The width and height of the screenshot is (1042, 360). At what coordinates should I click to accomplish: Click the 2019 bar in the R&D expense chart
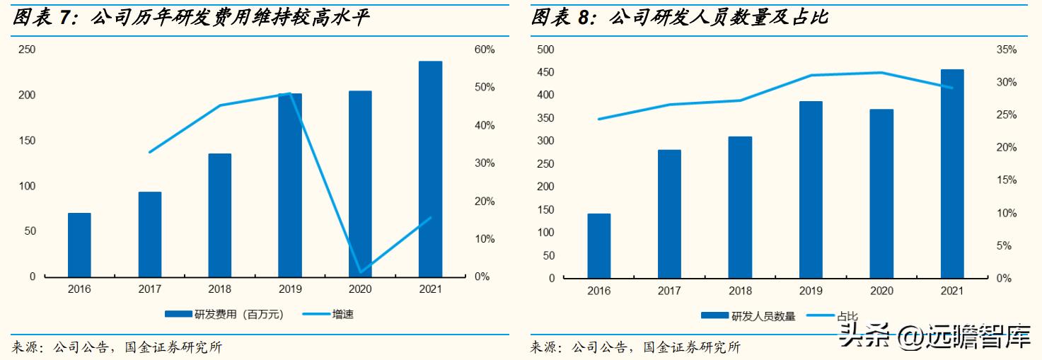[290, 185]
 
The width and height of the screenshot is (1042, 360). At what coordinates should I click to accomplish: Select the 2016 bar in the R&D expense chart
[79, 245]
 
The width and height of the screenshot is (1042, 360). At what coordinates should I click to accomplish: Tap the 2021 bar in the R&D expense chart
[430, 169]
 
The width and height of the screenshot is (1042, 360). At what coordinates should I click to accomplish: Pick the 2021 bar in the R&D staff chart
[952, 173]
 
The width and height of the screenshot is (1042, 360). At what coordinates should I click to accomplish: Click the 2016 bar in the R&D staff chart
[598, 245]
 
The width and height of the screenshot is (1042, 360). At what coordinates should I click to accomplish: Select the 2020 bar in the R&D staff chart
[881, 193]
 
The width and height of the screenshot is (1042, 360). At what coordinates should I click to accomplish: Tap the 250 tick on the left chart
[27, 50]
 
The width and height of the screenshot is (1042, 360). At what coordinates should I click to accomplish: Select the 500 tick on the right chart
[546, 50]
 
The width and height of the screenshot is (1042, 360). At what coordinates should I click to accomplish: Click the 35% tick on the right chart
[1006, 50]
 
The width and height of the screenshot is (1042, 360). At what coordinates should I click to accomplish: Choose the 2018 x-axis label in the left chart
[219, 289]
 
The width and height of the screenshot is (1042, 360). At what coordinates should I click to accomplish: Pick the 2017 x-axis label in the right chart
[669, 291]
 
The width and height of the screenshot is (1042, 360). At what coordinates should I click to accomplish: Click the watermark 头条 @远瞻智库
[934, 338]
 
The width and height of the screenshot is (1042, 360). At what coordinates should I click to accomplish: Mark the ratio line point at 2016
[598, 119]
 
